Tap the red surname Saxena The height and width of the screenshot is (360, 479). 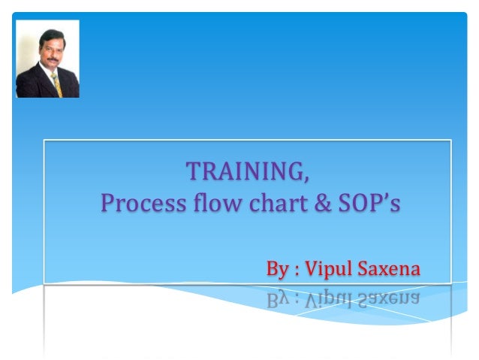point(393,268)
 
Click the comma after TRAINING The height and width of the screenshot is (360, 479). point(305,178)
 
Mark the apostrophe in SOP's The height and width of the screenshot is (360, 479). point(385,197)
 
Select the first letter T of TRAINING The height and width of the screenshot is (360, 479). point(192,171)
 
